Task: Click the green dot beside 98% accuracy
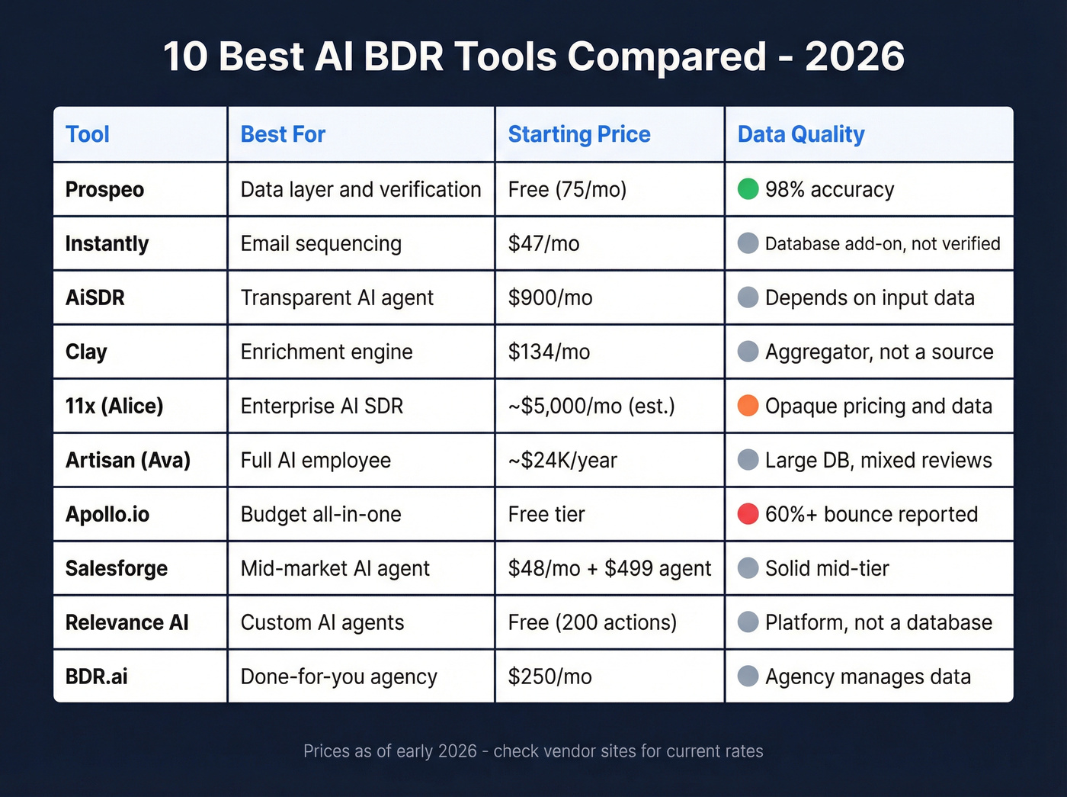pyautogui.click(x=748, y=189)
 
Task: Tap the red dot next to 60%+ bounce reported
pyautogui.click(x=748, y=514)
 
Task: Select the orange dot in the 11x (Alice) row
pyautogui.click(x=748, y=406)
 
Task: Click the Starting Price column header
pyautogui.click(x=579, y=134)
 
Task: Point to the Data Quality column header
pyautogui.click(x=801, y=134)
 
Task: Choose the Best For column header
pyautogui.click(x=283, y=134)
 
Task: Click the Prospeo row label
pyautogui.click(x=104, y=189)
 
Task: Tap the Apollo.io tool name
pyautogui.click(x=107, y=514)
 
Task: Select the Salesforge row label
pyautogui.click(x=117, y=568)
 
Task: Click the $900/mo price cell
pyautogui.click(x=550, y=297)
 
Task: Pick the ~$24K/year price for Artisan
pyautogui.click(x=562, y=460)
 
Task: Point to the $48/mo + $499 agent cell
pyautogui.click(x=610, y=568)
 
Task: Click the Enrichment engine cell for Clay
pyautogui.click(x=326, y=352)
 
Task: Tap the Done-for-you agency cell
pyautogui.click(x=338, y=676)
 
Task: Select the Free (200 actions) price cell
pyautogui.click(x=592, y=622)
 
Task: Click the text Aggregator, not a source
pyautogui.click(x=879, y=352)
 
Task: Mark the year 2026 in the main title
pyautogui.click(x=854, y=56)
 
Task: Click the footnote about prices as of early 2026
pyautogui.click(x=533, y=751)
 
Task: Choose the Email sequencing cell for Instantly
pyautogui.click(x=321, y=243)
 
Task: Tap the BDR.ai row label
pyautogui.click(x=97, y=676)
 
